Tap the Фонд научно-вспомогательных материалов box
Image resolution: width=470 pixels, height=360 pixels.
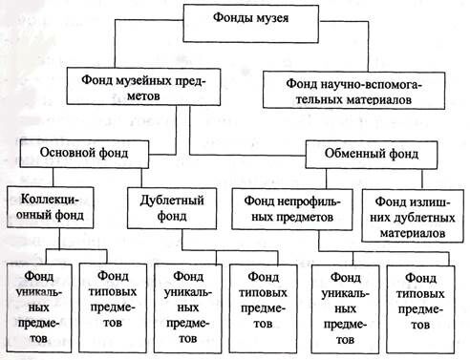(353, 89)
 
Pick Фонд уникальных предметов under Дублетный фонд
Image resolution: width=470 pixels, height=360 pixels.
(186, 302)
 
